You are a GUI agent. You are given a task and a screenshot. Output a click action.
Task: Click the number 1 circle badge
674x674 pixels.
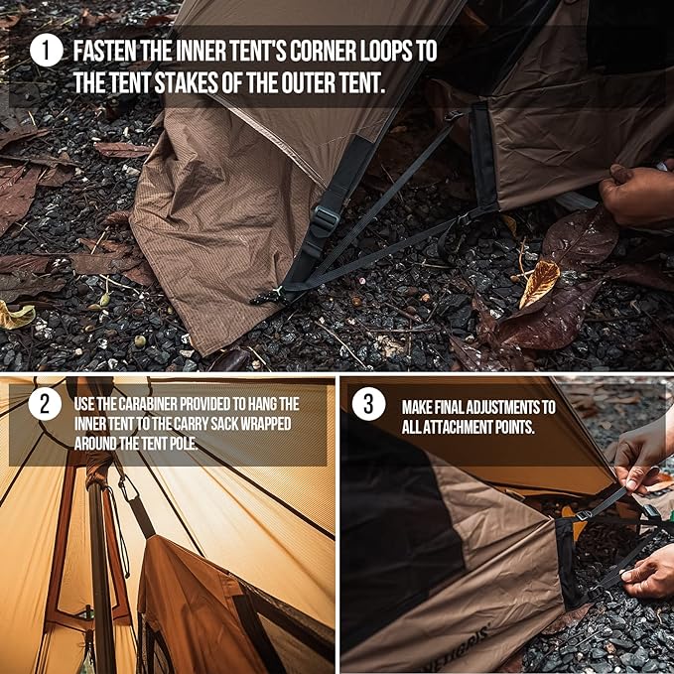pos(46,51)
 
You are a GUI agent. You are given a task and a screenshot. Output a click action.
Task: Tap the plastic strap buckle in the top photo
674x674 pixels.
pos(325,217)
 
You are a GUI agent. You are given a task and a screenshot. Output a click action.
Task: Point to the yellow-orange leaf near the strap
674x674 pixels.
pos(539,283)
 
